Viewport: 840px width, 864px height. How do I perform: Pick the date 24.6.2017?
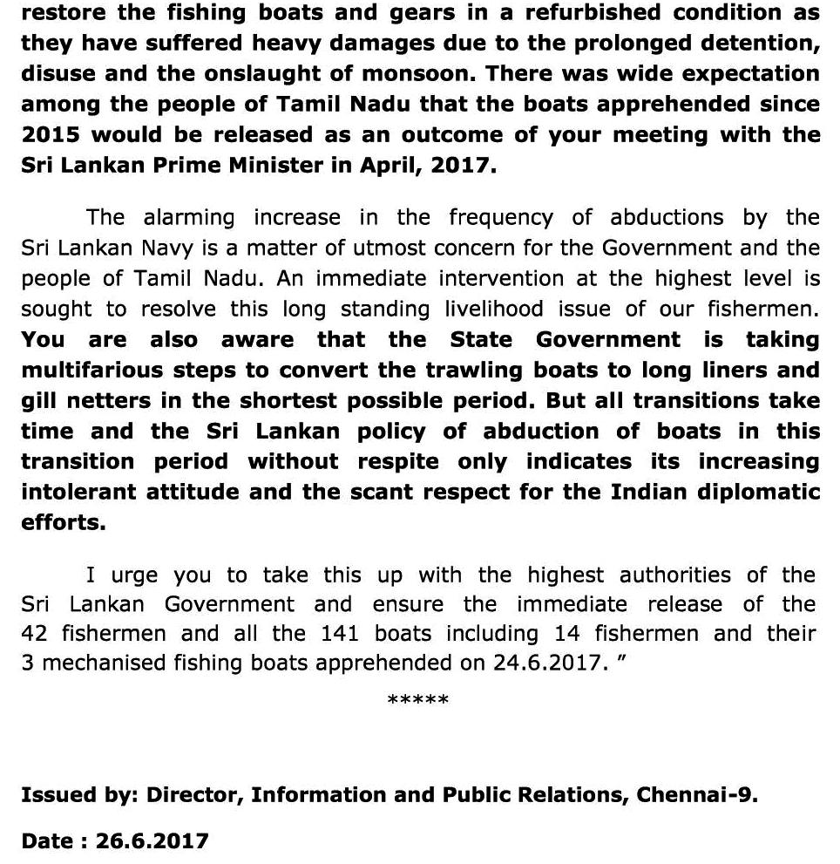click(x=547, y=663)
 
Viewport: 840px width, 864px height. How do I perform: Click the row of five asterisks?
click(x=418, y=700)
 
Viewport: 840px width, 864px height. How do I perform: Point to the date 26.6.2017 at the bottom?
click(x=152, y=841)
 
